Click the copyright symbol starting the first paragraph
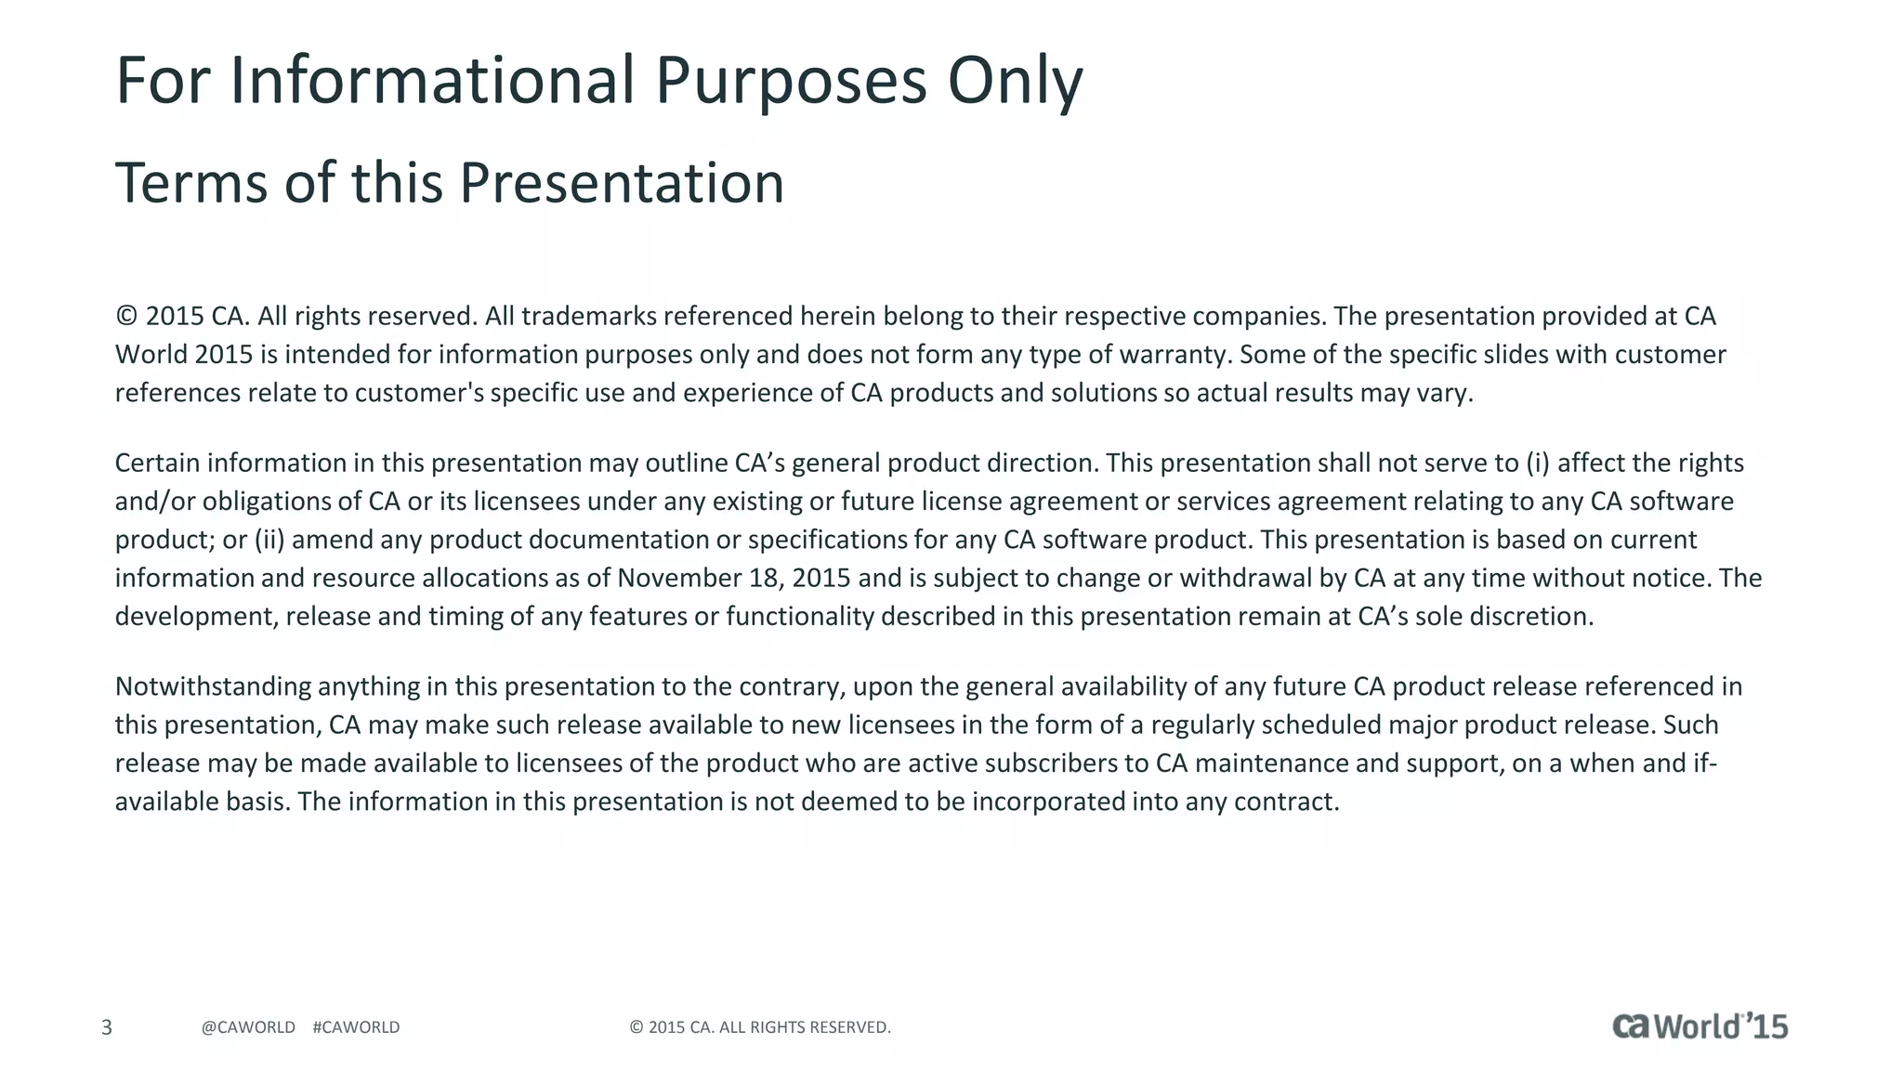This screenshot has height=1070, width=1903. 126,317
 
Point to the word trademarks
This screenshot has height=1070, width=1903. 588,317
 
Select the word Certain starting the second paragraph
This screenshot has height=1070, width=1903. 157,463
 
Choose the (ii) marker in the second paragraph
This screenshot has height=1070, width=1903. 269,540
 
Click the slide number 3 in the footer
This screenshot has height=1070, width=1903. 107,1027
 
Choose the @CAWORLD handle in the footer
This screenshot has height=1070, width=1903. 248,1027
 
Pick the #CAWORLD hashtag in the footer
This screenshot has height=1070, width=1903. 357,1027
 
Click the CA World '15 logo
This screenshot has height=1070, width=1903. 1700,1025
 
